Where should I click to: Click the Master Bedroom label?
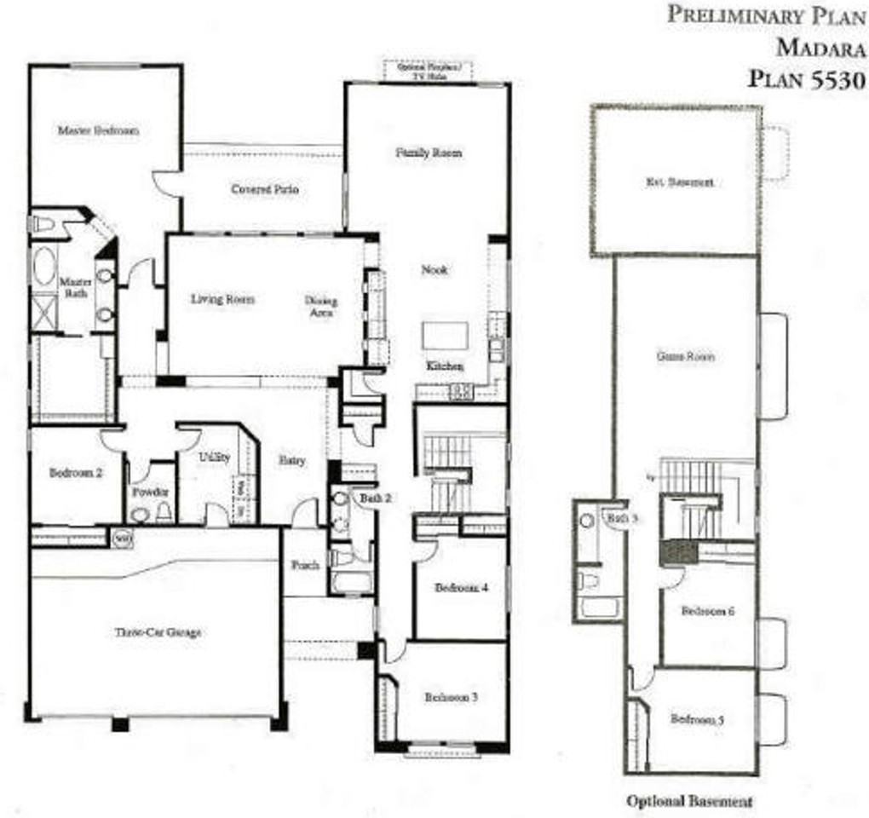(98, 130)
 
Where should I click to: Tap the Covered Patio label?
(265, 189)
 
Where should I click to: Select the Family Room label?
(429, 153)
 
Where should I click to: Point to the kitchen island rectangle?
(445, 336)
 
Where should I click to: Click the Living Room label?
(222, 299)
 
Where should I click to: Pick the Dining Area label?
(321, 306)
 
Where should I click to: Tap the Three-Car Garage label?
(158, 632)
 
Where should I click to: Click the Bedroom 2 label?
(76, 473)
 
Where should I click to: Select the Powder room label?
(150, 493)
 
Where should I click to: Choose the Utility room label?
(215, 458)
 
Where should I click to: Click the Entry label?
(292, 460)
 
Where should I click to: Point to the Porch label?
(304, 565)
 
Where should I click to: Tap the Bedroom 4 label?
(459, 588)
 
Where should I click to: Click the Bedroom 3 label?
(451, 697)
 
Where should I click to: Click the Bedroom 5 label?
(697, 719)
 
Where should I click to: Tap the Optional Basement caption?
(689, 801)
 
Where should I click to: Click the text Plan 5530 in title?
(806, 79)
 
